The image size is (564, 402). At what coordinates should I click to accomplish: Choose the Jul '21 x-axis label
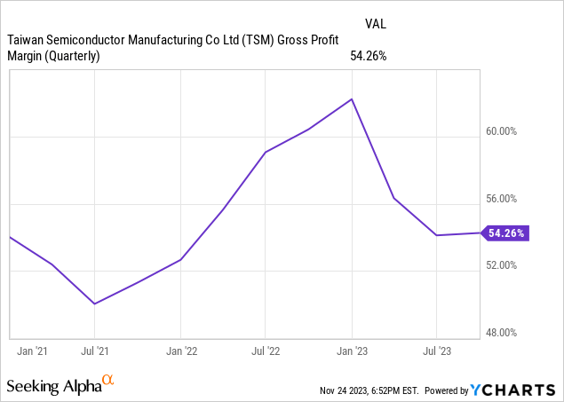click(95, 351)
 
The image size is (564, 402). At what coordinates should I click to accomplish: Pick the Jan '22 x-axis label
click(181, 351)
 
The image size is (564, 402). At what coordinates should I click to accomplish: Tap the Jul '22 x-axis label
click(266, 351)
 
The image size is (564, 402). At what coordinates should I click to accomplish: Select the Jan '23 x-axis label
click(352, 351)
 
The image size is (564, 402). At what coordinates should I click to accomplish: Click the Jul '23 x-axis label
click(436, 351)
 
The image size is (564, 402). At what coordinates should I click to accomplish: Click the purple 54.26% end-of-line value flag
click(506, 233)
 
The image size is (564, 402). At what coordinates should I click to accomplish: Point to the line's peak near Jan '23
click(353, 99)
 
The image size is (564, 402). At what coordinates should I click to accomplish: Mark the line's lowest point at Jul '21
click(95, 303)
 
